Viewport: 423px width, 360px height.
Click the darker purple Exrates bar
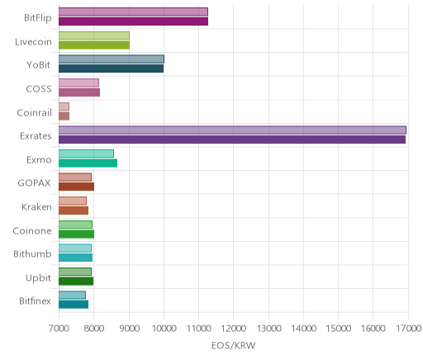coord(232,140)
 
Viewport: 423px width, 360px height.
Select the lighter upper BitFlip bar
coord(133,12)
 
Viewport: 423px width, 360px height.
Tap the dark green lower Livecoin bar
coord(94,45)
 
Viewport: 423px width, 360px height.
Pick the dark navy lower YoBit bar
coord(111,69)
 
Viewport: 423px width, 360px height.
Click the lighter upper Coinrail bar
coord(64,107)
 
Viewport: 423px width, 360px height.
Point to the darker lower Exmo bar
coord(88,163)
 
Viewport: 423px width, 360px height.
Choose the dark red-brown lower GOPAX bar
coord(76,187)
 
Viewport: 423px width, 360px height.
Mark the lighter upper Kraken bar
coord(73,201)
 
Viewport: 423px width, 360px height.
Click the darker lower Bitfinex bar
coord(74,305)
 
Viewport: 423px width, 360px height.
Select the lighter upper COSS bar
coord(78,83)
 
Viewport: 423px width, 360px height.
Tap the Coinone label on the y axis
coord(32,230)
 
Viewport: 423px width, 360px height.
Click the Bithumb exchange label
coord(32,253)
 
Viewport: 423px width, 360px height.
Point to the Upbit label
coord(38,278)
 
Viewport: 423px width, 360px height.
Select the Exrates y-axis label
coord(36,136)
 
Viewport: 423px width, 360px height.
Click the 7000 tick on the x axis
coord(59,328)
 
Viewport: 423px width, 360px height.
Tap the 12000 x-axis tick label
coord(234,328)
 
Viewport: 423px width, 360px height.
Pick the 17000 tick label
coord(409,328)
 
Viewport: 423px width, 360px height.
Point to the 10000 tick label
coord(164,328)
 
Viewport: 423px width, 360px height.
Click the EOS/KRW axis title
coord(234,345)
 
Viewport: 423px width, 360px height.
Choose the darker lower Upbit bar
coord(76,281)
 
